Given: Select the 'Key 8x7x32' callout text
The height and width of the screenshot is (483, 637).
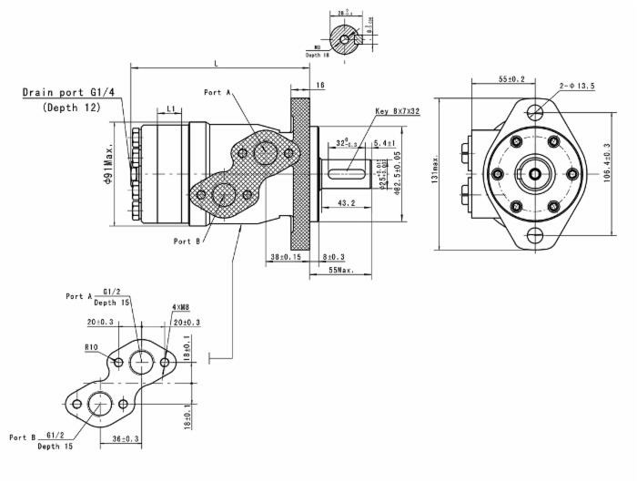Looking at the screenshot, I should tap(397, 111).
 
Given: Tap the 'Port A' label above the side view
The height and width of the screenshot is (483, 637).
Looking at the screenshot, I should tap(218, 92).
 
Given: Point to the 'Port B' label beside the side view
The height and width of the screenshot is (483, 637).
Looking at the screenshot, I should tap(187, 241).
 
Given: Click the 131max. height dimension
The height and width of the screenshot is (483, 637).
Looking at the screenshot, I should tap(436, 171).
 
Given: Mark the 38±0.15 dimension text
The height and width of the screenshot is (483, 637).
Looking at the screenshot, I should tap(287, 258).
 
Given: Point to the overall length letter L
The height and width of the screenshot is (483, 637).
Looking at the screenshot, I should tap(216, 63).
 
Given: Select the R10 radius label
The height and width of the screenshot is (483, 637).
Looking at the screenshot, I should tap(91, 347).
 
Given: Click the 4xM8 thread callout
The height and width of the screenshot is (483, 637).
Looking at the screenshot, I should tap(180, 309).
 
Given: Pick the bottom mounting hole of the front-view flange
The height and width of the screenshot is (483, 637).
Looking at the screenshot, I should tap(535, 236).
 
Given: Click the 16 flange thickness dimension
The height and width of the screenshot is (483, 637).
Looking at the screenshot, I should tap(319, 85).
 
